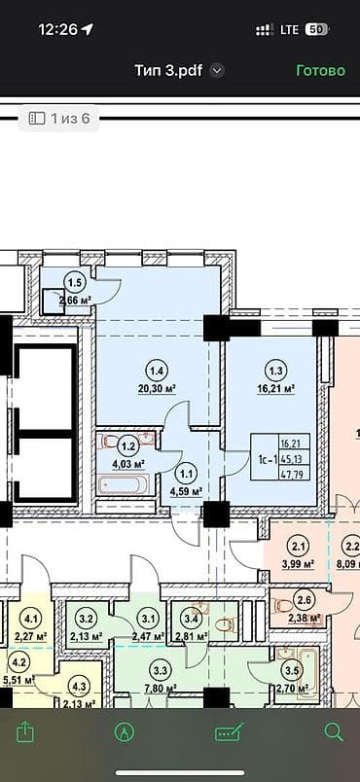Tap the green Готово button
[x=320, y=70]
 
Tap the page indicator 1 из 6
[x=60, y=119]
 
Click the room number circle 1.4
[x=156, y=370]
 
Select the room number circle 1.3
[x=275, y=370]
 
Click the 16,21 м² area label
[x=275, y=387]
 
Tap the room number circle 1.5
[x=74, y=284]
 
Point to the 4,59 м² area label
[x=186, y=491]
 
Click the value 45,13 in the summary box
[x=292, y=459]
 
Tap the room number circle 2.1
[x=300, y=547]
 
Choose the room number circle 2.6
[x=305, y=600]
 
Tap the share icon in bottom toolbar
[x=25, y=731]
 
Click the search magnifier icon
[x=333, y=732]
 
